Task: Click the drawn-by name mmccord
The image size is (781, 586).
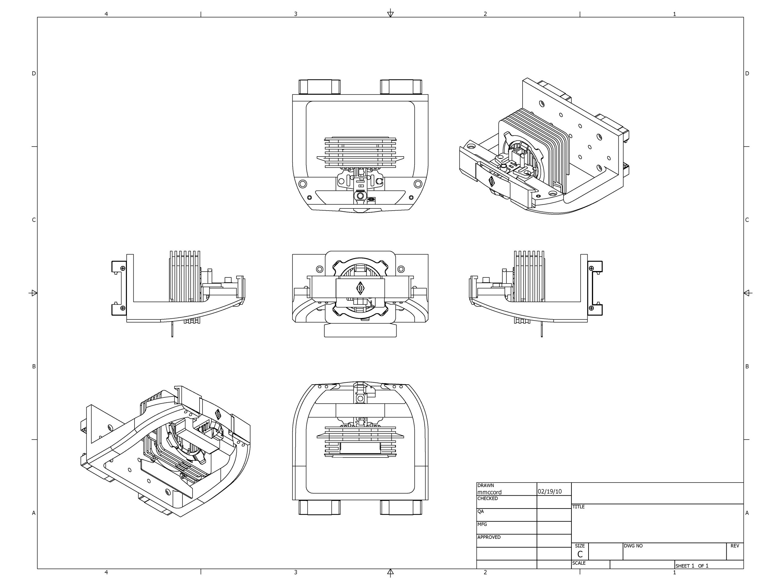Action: (489, 492)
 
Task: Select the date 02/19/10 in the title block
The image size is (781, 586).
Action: (549, 491)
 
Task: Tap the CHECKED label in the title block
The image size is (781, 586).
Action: (487, 498)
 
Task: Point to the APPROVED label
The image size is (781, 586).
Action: (489, 537)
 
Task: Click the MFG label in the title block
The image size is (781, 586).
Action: (482, 524)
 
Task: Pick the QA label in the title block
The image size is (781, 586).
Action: (480, 511)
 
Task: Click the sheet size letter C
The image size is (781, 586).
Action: (580, 554)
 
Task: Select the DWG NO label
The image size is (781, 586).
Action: (633, 546)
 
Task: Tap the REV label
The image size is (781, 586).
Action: (735, 546)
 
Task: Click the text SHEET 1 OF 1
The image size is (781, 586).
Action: (692, 566)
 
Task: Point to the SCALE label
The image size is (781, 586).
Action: (579, 563)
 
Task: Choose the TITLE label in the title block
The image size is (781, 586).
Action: (578, 507)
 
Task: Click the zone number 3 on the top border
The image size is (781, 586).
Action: (296, 14)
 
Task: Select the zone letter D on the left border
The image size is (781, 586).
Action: (34, 74)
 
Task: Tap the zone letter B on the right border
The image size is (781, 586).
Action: (747, 366)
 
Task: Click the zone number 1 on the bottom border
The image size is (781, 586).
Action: (674, 572)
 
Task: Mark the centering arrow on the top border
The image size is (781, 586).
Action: (390, 13)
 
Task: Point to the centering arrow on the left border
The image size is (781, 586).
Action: (33, 293)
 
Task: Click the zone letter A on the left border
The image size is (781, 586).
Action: (34, 513)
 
